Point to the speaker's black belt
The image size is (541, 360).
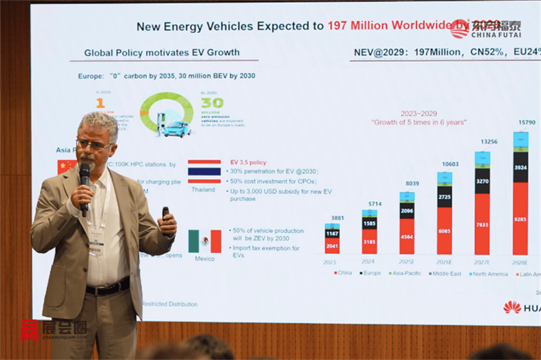pyautogui.click(x=108, y=288)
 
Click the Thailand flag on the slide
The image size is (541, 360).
pyautogui.click(x=204, y=171)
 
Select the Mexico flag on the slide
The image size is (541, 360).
pyautogui.click(x=204, y=241)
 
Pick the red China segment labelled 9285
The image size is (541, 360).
pyautogui.click(x=520, y=218)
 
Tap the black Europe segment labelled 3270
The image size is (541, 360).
pyautogui.click(x=482, y=181)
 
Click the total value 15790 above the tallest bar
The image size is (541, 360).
pyautogui.click(x=526, y=122)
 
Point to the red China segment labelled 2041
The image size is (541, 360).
pyautogui.click(x=332, y=245)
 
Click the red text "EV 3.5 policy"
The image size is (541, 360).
pyautogui.click(x=248, y=163)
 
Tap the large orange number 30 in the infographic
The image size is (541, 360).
pyautogui.click(x=212, y=102)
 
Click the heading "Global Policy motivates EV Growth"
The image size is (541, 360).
pyautogui.click(x=162, y=53)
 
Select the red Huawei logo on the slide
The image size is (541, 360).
pyautogui.click(x=511, y=307)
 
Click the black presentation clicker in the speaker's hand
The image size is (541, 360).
pyautogui.click(x=165, y=213)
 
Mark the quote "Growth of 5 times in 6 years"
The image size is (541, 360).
pyautogui.click(x=418, y=122)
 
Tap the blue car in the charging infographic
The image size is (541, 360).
pyautogui.click(x=176, y=128)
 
